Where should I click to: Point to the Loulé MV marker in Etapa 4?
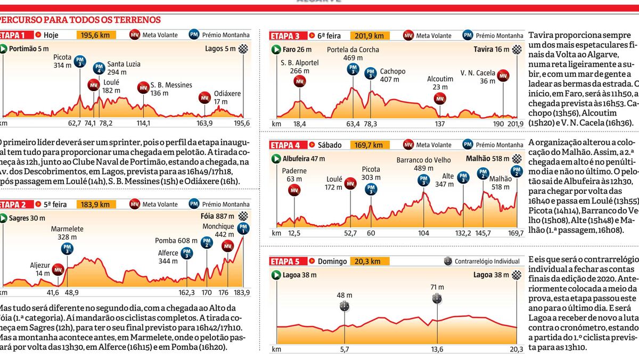coord(350,184)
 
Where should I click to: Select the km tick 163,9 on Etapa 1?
coord(204,123)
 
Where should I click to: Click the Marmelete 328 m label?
coord(67,233)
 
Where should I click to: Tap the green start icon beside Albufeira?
coord(276,159)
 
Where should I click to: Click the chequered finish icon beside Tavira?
coord(517,50)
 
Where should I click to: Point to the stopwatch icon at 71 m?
coord(437,299)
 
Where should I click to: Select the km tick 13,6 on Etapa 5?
coord(437,349)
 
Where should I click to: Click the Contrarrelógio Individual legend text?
coord(486,261)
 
